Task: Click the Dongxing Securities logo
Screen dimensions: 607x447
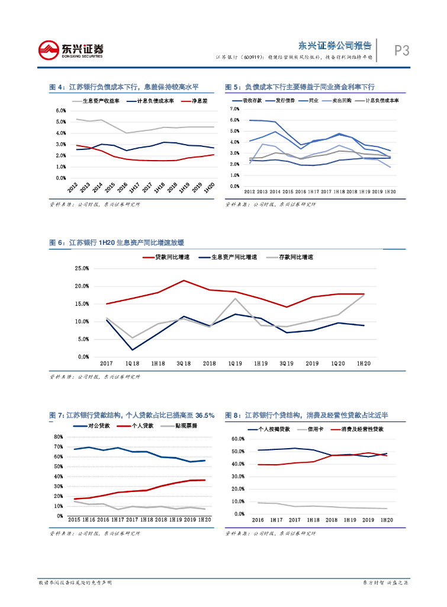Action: (70, 50)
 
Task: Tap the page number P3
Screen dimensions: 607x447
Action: (402, 51)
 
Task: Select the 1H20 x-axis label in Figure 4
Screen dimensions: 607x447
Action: (208, 188)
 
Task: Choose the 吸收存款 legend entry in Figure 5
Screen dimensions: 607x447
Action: (252, 101)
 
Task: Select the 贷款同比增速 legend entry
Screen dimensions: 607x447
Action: (172, 257)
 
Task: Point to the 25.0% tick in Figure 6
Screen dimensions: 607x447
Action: (81, 269)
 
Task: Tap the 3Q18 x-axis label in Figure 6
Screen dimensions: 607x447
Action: (184, 363)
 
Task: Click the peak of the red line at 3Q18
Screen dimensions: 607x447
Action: (184, 280)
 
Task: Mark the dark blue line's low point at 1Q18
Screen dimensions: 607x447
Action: (132, 350)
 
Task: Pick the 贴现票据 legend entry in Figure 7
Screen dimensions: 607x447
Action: (186, 426)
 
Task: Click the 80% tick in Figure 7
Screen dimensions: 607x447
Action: (59, 437)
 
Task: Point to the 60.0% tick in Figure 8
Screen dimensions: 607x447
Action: (236, 439)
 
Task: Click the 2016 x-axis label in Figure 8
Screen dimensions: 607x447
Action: (258, 520)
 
